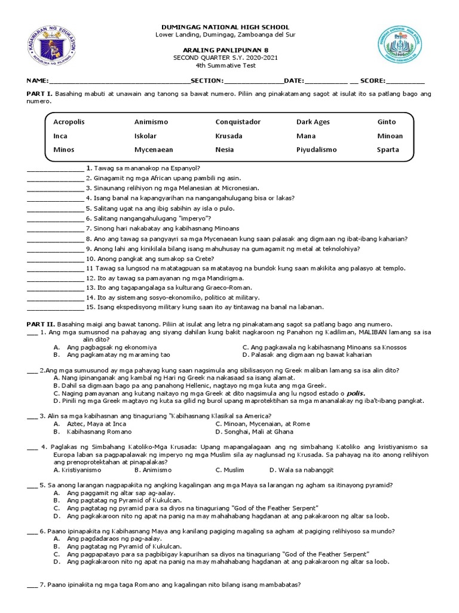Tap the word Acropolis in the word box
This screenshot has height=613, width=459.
(x=69, y=122)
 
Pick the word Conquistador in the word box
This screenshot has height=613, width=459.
(x=238, y=122)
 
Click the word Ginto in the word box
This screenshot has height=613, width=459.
(x=387, y=122)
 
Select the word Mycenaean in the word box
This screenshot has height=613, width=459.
(x=154, y=150)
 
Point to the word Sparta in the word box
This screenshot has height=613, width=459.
(x=388, y=150)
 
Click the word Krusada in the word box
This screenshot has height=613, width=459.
(x=229, y=136)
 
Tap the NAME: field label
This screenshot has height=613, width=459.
(x=36, y=81)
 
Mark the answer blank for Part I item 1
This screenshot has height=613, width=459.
(x=55, y=168)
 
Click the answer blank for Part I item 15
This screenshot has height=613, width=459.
(x=55, y=307)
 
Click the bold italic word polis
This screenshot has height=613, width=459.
(x=356, y=393)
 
